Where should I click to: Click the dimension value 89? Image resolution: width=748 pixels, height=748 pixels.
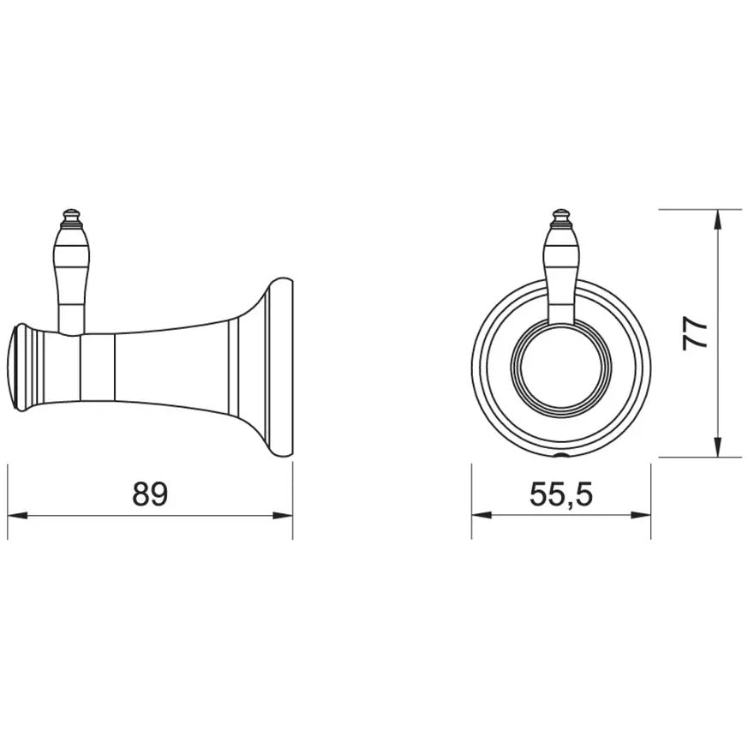150,494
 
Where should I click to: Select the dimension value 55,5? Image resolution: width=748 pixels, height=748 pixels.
561,494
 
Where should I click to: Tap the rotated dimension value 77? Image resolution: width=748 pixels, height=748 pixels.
694,332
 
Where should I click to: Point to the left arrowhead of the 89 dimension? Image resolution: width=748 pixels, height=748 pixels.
17,516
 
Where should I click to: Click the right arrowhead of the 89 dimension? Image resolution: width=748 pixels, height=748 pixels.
283,516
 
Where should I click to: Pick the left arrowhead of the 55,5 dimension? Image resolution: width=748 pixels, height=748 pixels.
482,516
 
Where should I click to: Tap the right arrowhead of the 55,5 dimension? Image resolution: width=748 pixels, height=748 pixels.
641,516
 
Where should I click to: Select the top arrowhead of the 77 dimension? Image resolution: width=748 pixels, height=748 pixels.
716,219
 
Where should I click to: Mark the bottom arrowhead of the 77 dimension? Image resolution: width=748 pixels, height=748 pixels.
716,447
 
